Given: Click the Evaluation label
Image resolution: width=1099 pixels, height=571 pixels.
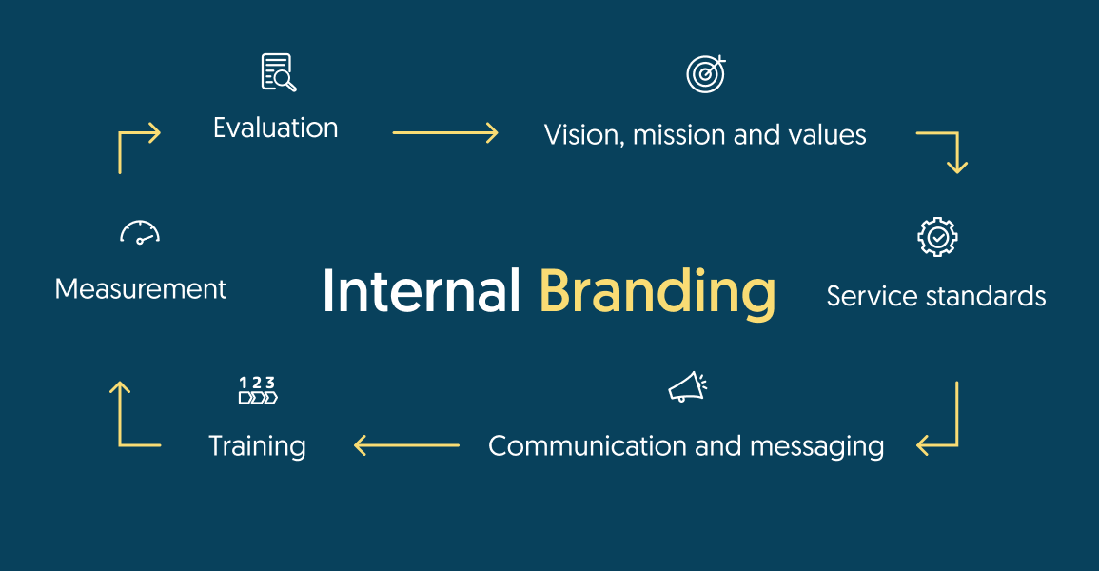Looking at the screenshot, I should click(x=275, y=128).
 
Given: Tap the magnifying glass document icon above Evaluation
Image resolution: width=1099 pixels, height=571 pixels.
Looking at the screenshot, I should click(x=278, y=73).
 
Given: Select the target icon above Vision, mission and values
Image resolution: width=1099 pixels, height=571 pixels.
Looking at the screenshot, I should click(x=705, y=74).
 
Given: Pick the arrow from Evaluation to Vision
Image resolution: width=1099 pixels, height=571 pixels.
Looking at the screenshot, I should click(x=445, y=133).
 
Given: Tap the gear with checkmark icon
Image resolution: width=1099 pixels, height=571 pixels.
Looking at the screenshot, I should click(x=937, y=237).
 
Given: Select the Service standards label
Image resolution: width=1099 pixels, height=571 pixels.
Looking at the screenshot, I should click(x=936, y=296).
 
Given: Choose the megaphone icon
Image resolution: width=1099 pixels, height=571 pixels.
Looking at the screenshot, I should click(x=687, y=387).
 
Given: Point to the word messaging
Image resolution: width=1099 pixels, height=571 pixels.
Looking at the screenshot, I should click(x=817, y=446).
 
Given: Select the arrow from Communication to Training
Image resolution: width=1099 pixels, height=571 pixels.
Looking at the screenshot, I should click(x=406, y=444).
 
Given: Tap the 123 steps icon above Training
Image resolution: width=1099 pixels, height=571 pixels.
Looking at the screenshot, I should click(x=258, y=390).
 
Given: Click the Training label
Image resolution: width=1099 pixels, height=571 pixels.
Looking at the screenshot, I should click(x=257, y=445).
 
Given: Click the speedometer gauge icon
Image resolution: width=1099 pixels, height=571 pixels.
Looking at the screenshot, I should click(x=140, y=233).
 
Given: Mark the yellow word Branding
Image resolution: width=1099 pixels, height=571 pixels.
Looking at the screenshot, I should click(x=657, y=291).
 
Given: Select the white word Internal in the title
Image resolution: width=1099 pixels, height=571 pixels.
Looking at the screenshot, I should click(x=422, y=291).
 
